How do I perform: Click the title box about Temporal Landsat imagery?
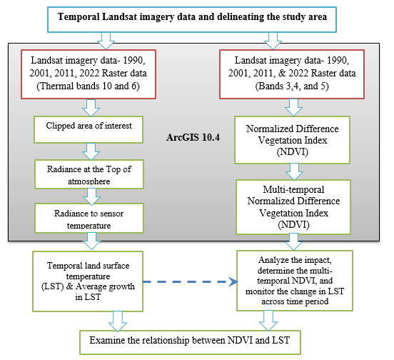tap(192, 19)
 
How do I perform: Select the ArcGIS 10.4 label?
tap(193, 138)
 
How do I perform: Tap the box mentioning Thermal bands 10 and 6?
tap(89, 74)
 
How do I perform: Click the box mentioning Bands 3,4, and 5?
tap(292, 74)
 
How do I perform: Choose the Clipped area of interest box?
tap(89, 130)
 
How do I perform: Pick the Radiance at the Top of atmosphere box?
tap(89, 174)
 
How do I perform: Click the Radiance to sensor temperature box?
tap(89, 218)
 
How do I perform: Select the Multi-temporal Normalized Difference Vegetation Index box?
tap(293, 207)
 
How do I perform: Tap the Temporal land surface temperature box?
tap(88, 281)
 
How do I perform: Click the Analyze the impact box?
tap(295, 281)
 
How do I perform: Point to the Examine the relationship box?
tap(190, 342)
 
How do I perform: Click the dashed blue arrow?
tap(191, 282)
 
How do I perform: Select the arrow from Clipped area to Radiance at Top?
tap(91, 151)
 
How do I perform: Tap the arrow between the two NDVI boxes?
tap(294, 171)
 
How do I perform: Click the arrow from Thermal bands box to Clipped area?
tap(91, 108)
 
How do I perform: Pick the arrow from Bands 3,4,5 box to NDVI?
tap(294, 108)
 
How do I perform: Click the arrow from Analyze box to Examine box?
tap(268, 321)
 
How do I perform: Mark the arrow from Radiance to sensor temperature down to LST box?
tap(91, 241)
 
